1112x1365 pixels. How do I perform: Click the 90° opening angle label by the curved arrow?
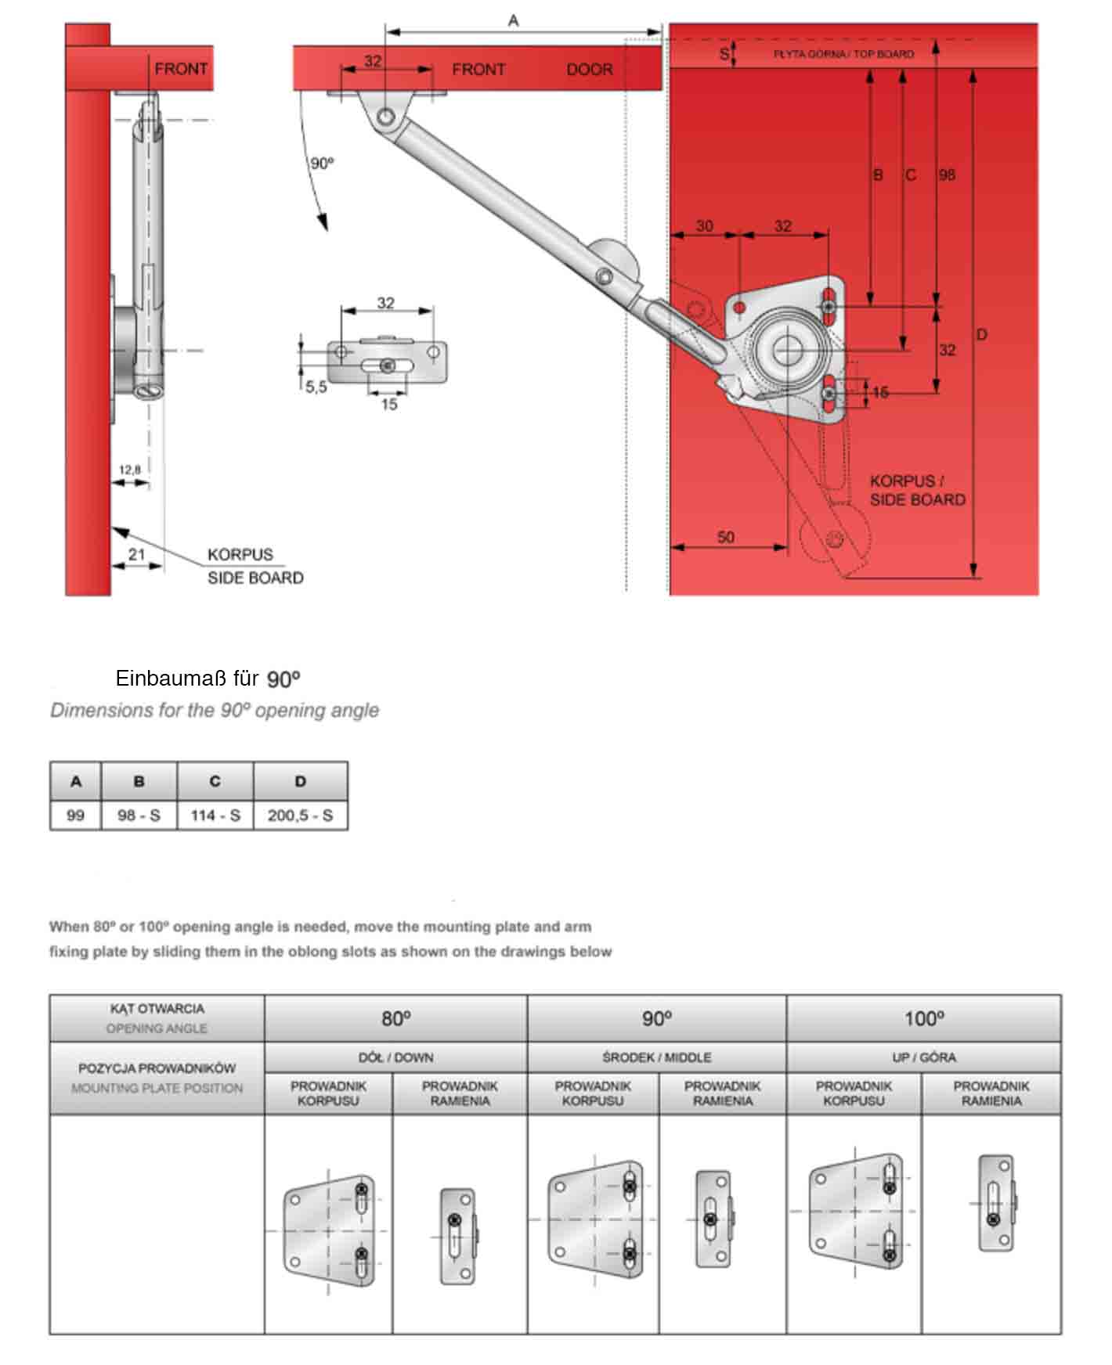coord(322,163)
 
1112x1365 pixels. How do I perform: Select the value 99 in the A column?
coord(75,815)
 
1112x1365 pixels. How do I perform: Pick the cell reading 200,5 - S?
coord(300,815)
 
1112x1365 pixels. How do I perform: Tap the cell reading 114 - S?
coord(215,815)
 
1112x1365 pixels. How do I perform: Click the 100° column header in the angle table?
coord(923,1018)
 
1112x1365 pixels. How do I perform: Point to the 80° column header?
coord(395,1018)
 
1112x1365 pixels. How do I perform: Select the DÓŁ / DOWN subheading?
coord(395,1057)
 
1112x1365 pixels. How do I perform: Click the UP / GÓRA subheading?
coord(923,1057)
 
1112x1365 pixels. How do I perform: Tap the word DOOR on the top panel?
coord(589,69)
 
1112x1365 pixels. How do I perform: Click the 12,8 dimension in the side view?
coord(130,470)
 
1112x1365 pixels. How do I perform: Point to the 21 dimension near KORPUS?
coord(136,554)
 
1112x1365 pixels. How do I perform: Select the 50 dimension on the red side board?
coord(726,537)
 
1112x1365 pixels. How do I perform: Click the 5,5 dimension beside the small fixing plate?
coord(316,387)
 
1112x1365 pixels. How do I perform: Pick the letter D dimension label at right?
coord(981,335)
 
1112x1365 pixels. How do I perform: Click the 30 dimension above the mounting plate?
coord(704,225)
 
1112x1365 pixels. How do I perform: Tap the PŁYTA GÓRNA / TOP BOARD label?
coord(843,54)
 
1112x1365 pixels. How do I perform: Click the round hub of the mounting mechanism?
coord(785,351)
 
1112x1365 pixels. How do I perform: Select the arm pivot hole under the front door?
coord(385,117)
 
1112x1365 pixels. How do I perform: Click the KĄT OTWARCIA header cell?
coord(157,1017)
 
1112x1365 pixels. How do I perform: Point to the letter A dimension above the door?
coord(513,21)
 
